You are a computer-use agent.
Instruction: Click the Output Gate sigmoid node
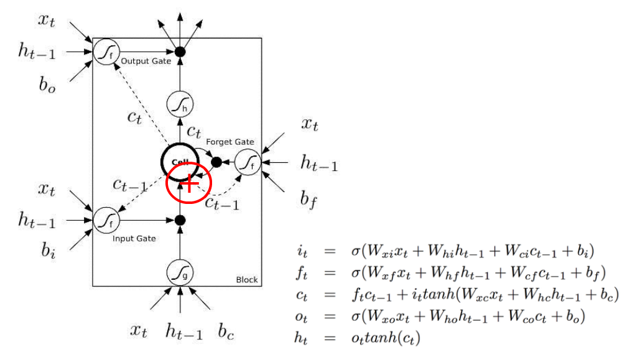pos(104,52)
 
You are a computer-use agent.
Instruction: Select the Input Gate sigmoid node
pos(104,219)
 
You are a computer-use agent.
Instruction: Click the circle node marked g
pos(179,272)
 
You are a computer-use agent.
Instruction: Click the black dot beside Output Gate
pos(180,52)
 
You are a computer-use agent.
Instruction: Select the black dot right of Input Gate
pos(180,219)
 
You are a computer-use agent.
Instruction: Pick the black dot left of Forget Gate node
pos(216,162)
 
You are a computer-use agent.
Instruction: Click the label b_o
pos(47,85)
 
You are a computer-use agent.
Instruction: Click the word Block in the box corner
pos(247,280)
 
